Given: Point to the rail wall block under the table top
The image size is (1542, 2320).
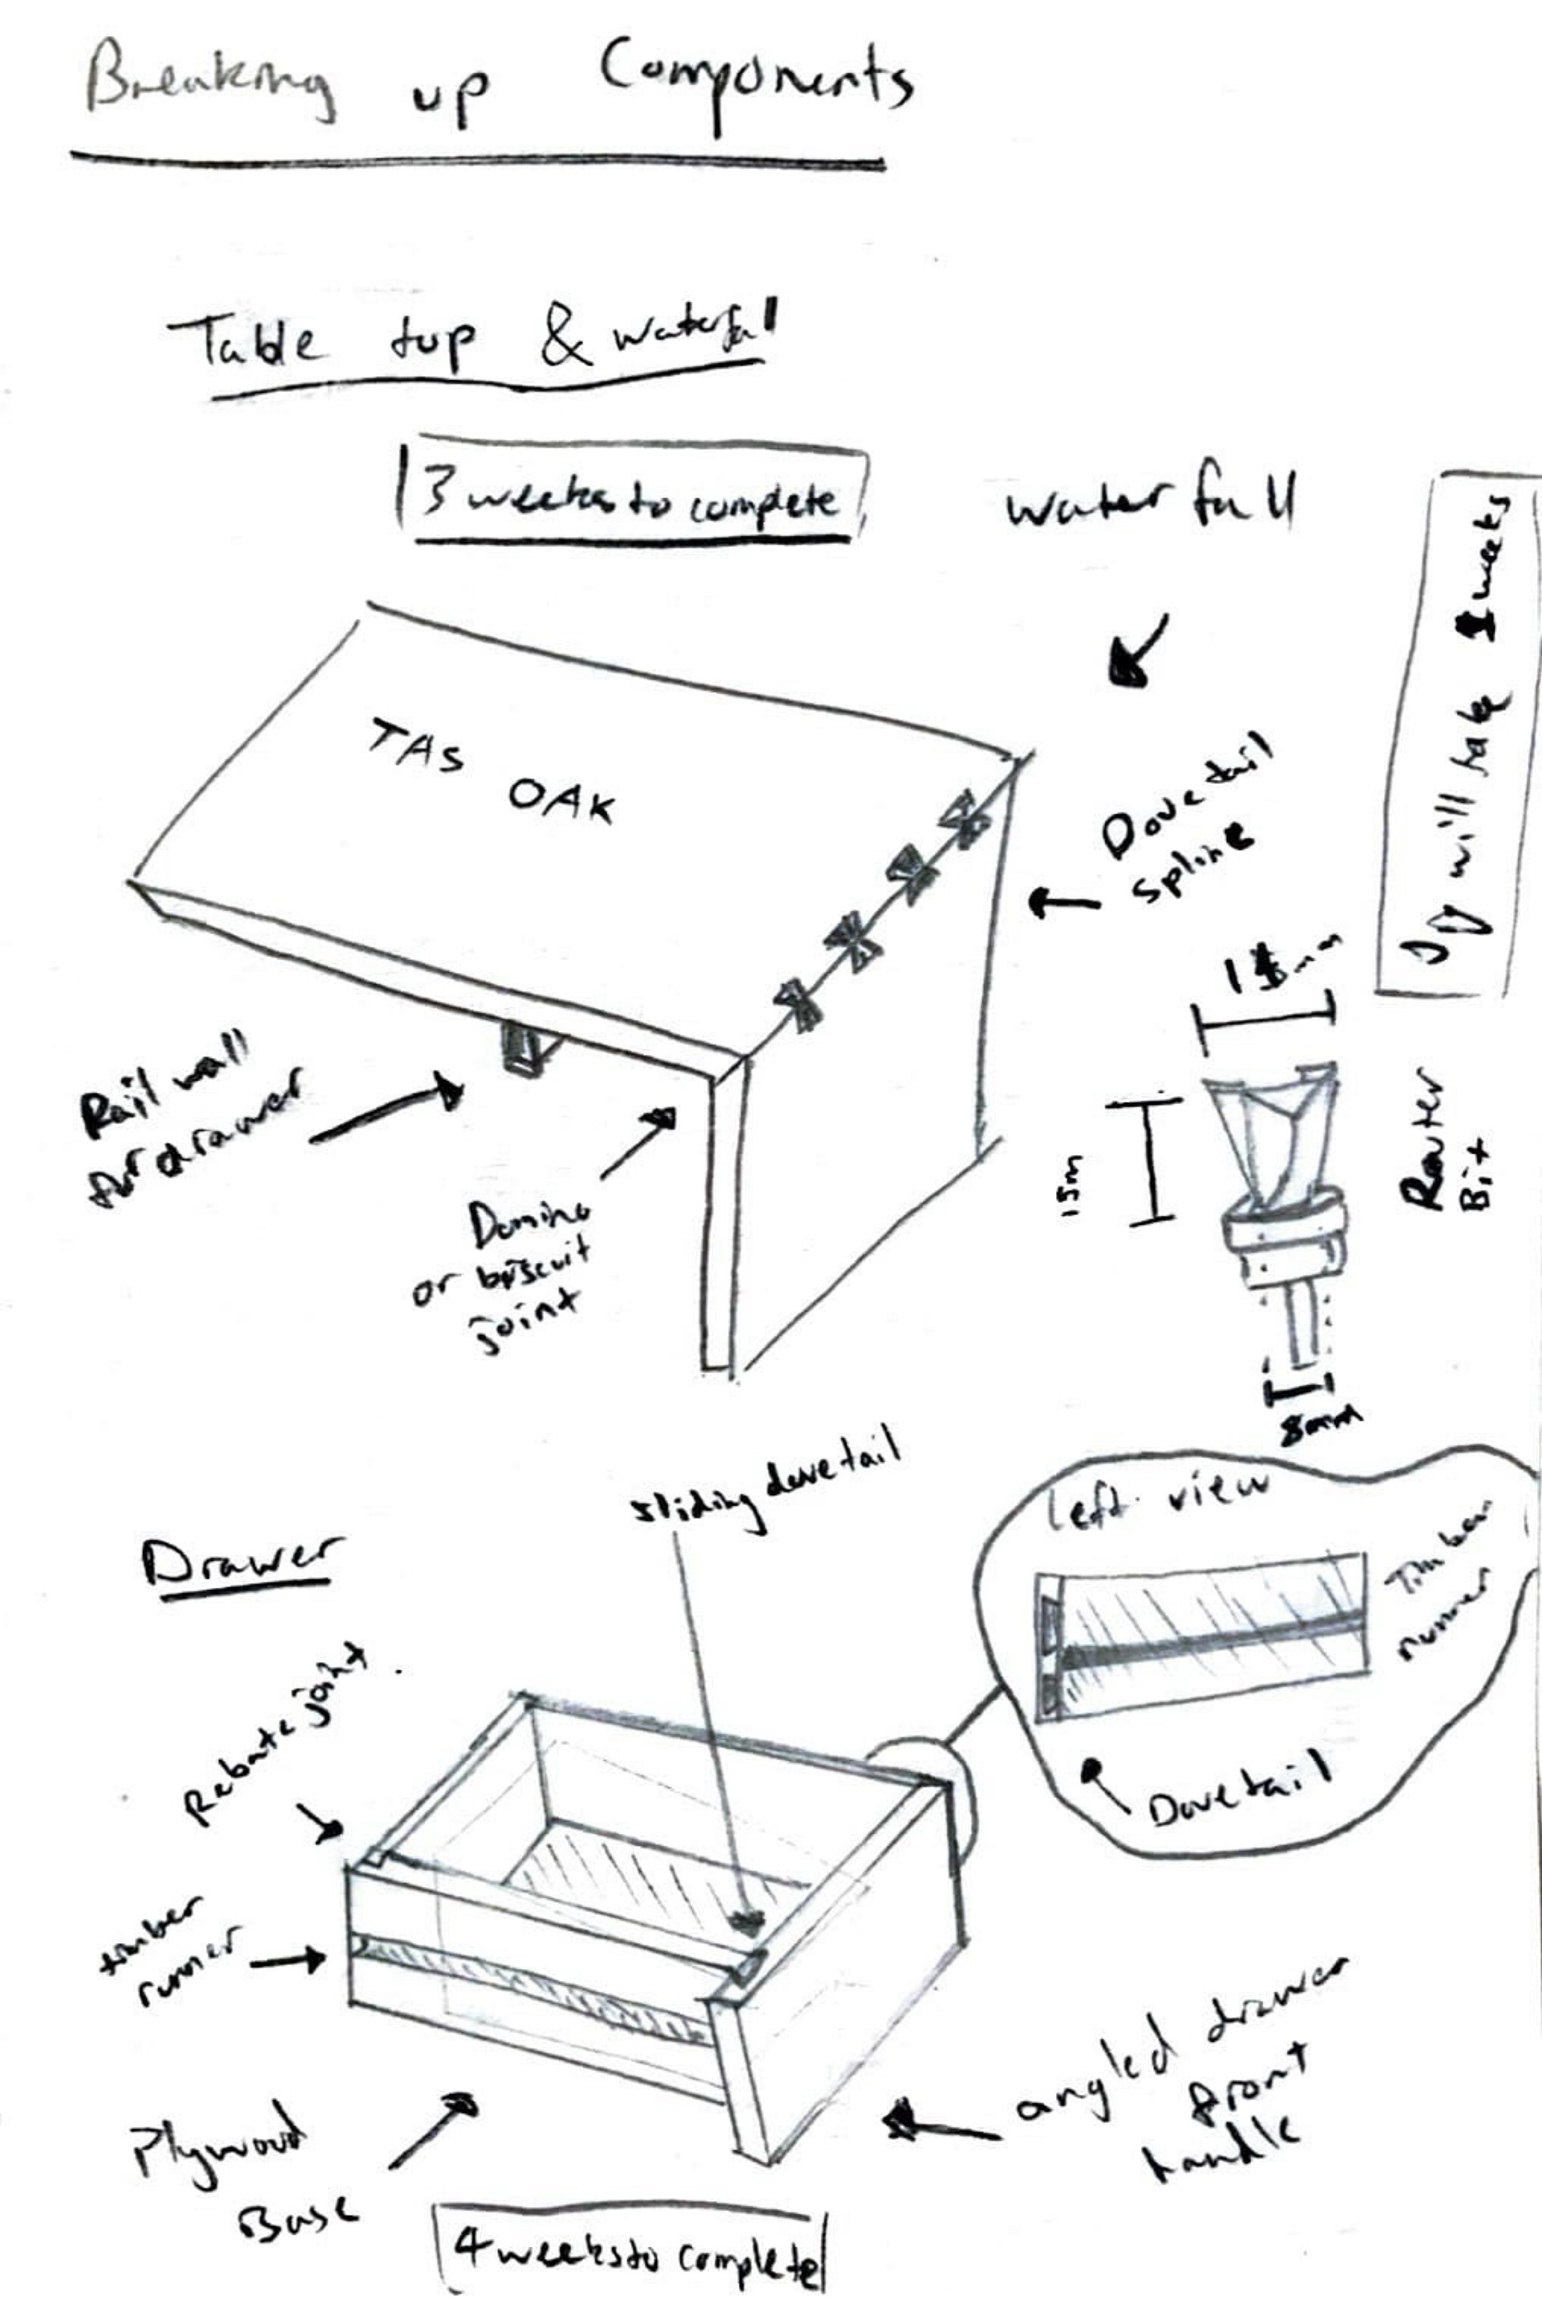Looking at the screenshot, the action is tap(521, 1047).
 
